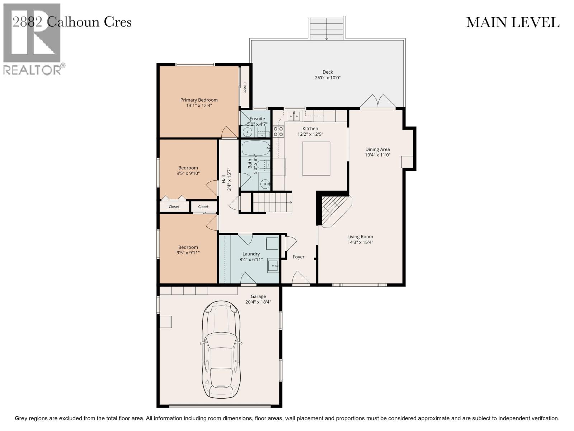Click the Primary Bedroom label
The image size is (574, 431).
tap(199, 100)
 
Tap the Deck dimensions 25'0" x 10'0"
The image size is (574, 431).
tap(328, 78)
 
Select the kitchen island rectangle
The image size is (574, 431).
tap(316, 158)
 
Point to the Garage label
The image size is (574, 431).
tap(258, 296)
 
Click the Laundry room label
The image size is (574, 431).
tap(251, 254)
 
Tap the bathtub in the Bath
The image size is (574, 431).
tap(255, 148)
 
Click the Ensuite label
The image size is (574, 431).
tap(257, 119)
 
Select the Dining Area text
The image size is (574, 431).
tap(377, 149)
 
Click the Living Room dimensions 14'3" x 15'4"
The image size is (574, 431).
tap(360, 242)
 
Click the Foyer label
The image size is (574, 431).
tap(298, 257)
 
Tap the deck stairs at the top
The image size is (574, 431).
tap(327, 29)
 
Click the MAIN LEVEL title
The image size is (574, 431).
tap(513, 23)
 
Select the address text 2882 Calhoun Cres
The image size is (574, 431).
tap(72, 22)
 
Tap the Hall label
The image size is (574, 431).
tap(224, 179)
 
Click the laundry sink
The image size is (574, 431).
tap(273, 266)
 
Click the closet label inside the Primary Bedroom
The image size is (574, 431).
tap(245, 88)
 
